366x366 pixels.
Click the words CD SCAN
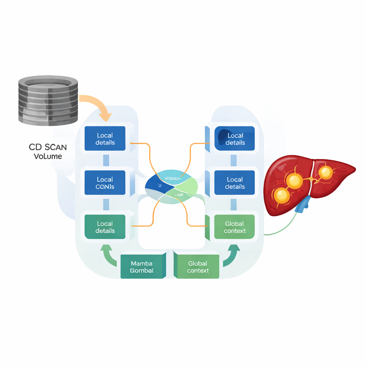coord(48,147)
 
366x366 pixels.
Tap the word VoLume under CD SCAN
coord(48,156)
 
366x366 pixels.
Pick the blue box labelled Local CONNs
coord(105,183)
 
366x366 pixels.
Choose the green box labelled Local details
coord(105,227)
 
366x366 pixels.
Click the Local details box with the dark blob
coord(234,138)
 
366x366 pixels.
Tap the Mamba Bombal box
coord(142,267)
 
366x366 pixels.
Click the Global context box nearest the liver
coord(234,227)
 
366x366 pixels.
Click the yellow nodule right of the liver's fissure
coord(325,173)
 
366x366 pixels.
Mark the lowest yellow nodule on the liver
coord(282,195)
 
